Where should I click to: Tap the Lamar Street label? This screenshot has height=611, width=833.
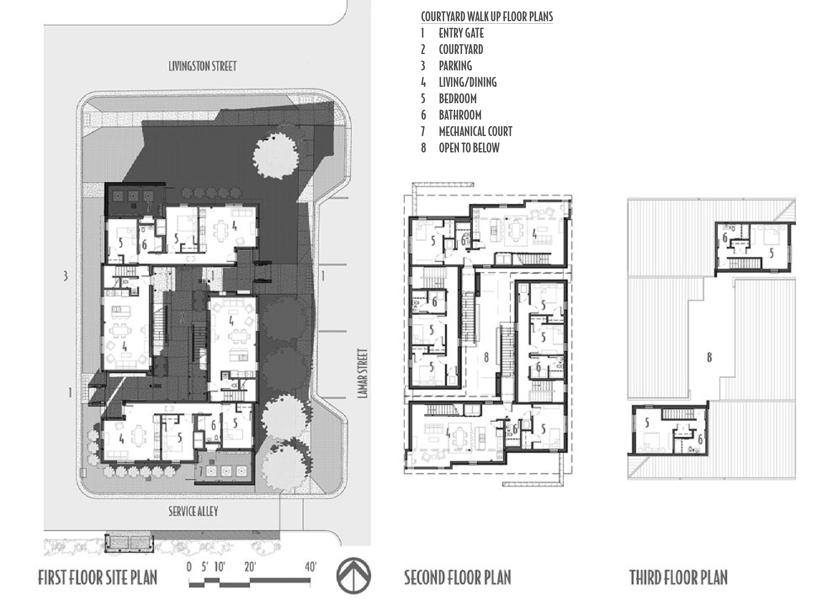363,374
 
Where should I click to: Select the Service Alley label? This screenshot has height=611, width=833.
193,512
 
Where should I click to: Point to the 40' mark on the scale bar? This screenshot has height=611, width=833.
311,567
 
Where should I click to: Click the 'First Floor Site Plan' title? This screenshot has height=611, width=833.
98,577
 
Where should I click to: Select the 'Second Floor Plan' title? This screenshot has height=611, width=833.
457,577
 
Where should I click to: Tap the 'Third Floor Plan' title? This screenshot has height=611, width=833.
678,577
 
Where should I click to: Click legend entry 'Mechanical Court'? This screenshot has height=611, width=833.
475,131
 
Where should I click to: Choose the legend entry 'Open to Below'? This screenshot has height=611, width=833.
469,148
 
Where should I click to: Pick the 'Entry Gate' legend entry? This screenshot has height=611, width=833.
461,33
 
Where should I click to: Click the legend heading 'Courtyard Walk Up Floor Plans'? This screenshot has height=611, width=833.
487,17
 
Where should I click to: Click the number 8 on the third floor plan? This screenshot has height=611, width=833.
709,357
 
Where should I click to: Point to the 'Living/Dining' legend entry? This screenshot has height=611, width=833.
467,82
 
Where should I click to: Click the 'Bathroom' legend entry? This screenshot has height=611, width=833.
460,115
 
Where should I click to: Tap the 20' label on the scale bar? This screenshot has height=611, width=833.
250,567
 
